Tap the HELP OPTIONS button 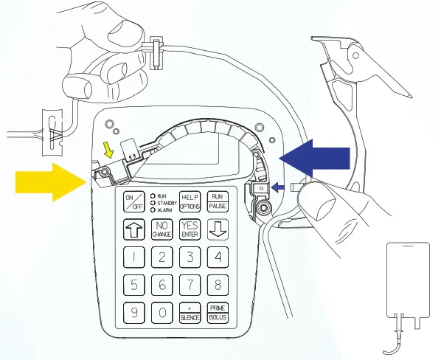(x=190, y=201)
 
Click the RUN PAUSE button (x=218, y=201)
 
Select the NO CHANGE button (x=162, y=229)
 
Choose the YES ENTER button (x=190, y=229)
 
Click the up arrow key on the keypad (x=134, y=229)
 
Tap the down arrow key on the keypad (x=218, y=229)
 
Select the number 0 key (x=162, y=312)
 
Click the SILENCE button (x=190, y=312)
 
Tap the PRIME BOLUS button (x=218, y=312)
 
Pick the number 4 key (x=218, y=257)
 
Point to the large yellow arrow (x=49, y=182)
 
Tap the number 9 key (x=134, y=312)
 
